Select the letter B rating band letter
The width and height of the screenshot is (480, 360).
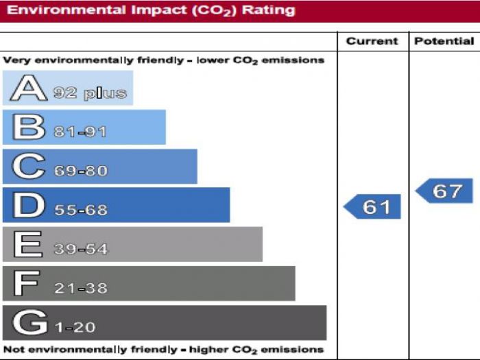pyautogui.click(x=28, y=128)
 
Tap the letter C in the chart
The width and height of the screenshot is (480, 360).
pyautogui.click(x=28, y=167)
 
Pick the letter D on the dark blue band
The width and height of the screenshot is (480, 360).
pyautogui.click(x=28, y=206)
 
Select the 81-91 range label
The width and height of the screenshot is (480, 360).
pyautogui.click(x=80, y=132)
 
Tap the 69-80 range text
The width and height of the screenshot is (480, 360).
pyautogui.click(x=81, y=171)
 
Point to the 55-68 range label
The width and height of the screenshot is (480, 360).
pyautogui.click(x=81, y=210)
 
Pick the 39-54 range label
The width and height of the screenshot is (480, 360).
pyautogui.click(x=81, y=249)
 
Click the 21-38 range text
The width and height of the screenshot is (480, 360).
pyautogui.click(x=81, y=288)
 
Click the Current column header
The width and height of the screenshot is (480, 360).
pyautogui.click(x=372, y=41)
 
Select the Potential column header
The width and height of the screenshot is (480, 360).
pyautogui.click(x=444, y=41)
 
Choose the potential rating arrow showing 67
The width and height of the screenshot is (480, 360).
pyautogui.click(x=444, y=191)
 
